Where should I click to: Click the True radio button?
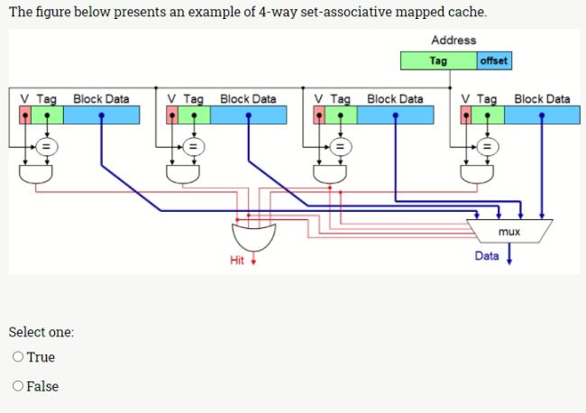(x=19, y=357)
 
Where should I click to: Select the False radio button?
(x=19, y=386)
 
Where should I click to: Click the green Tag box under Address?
(x=438, y=61)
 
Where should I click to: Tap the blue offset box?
(x=493, y=61)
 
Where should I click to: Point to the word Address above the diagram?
(x=453, y=40)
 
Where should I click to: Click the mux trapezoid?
(x=508, y=231)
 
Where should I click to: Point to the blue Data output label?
(x=487, y=256)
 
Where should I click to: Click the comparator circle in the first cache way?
(x=46, y=144)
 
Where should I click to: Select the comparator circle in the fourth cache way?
(x=487, y=144)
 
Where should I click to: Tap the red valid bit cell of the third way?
(x=318, y=115)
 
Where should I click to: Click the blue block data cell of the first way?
(x=101, y=115)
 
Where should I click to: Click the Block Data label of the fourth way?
(x=542, y=98)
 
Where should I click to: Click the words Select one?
(x=41, y=332)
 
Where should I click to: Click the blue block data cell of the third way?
(x=395, y=115)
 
